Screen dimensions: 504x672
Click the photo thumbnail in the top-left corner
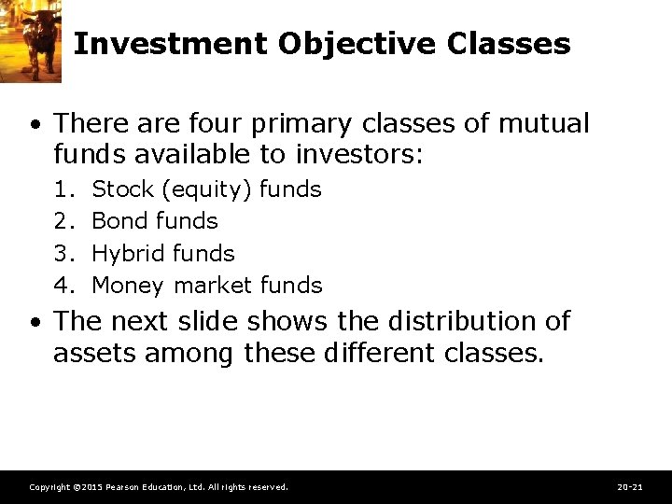click(x=30, y=41)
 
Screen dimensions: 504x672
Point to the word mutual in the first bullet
click(x=544, y=123)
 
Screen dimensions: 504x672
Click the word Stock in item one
click(x=123, y=189)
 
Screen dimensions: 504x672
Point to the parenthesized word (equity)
click(x=206, y=190)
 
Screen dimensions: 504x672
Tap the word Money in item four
click(x=128, y=286)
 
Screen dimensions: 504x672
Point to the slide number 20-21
click(x=631, y=487)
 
